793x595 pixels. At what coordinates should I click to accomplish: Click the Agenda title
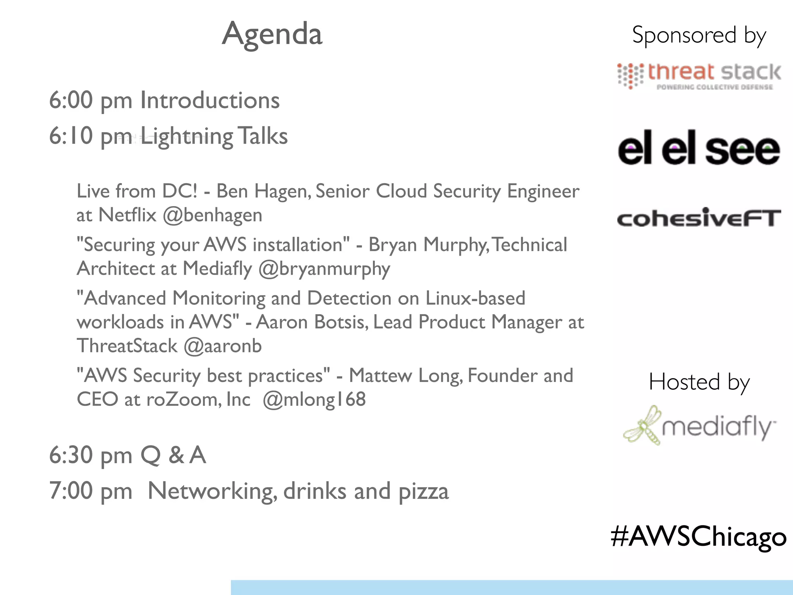click(x=272, y=34)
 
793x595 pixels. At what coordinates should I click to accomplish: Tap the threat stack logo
click(x=699, y=76)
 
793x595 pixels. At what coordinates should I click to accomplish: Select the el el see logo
click(x=699, y=149)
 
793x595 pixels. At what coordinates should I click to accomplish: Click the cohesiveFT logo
click(x=699, y=218)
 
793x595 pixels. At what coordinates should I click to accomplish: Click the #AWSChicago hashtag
click(x=699, y=537)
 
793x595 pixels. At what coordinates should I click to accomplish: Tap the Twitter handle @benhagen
click(x=212, y=215)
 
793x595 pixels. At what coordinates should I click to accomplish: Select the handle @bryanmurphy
click(x=324, y=269)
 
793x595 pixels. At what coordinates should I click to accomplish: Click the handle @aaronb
click(x=223, y=346)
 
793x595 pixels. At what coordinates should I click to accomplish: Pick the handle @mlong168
click(x=314, y=399)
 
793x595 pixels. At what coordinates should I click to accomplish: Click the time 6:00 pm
click(x=91, y=101)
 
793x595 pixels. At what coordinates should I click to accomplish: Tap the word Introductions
click(x=209, y=100)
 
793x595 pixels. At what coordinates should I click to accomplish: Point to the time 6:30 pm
click(x=91, y=456)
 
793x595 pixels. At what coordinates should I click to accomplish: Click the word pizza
click(x=424, y=492)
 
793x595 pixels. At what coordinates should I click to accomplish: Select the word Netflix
click(x=127, y=215)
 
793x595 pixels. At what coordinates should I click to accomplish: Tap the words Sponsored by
click(x=699, y=35)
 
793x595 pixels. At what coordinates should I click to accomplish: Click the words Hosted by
click(x=699, y=382)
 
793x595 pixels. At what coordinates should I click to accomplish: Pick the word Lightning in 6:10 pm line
click(x=187, y=137)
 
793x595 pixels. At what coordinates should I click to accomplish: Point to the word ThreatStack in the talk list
click(x=127, y=346)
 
